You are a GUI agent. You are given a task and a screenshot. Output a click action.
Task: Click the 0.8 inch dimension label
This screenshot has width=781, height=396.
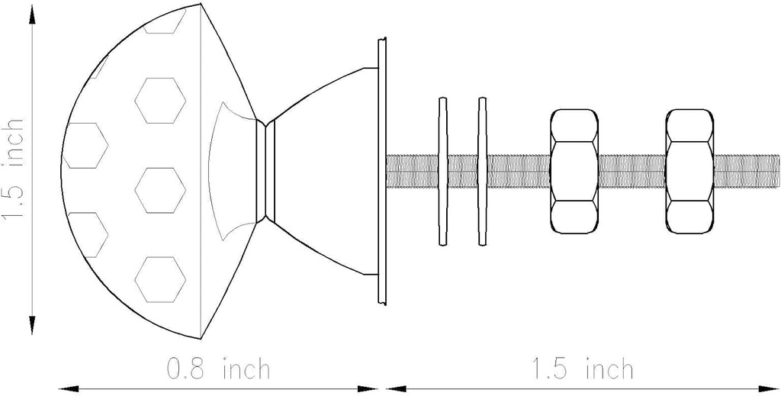(x=217, y=369)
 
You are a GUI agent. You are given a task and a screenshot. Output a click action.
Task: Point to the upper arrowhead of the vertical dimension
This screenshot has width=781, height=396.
(x=32, y=18)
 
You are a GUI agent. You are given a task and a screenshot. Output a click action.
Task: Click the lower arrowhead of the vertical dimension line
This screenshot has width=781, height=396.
(x=32, y=321)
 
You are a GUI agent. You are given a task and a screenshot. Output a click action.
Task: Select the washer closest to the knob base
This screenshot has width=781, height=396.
(x=443, y=172)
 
